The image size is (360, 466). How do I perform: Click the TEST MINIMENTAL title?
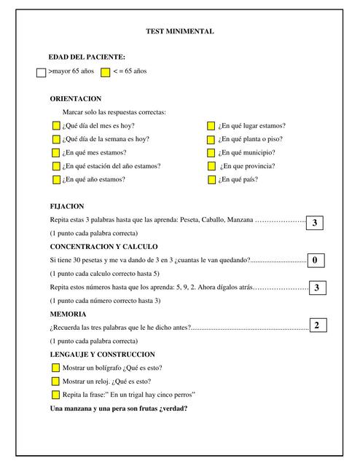[x=180, y=32]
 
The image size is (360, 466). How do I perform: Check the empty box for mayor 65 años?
[x=41, y=72]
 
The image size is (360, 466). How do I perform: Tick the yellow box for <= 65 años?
[x=105, y=72]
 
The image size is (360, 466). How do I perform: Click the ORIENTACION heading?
[x=75, y=98]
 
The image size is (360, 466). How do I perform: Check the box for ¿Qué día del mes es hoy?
[x=56, y=126]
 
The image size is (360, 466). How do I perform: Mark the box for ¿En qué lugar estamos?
[x=211, y=126]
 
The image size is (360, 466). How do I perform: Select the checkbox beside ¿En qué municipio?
[x=211, y=153]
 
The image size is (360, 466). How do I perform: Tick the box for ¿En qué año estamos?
[x=56, y=179]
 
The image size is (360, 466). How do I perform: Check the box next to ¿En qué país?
[x=211, y=179]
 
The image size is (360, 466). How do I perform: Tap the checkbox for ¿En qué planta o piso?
[x=211, y=139]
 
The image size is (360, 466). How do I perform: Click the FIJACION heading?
[x=67, y=206]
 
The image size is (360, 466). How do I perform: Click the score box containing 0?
[x=315, y=260]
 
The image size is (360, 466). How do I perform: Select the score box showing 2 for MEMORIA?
[x=317, y=325]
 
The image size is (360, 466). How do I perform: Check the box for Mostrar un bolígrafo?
[x=56, y=368]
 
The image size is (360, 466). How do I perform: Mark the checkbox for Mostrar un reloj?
[x=56, y=382]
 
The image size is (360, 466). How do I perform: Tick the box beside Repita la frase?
[x=56, y=395]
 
